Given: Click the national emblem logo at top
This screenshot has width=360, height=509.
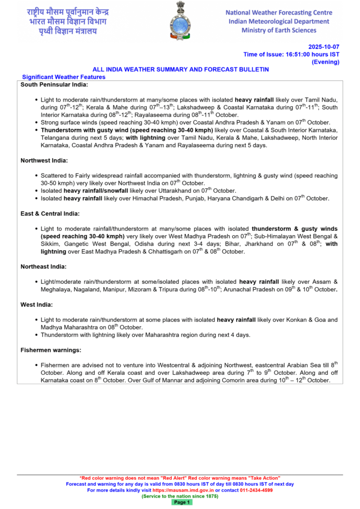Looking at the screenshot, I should click(x=180, y=21).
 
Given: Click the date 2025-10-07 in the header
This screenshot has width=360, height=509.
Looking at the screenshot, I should click(x=324, y=46).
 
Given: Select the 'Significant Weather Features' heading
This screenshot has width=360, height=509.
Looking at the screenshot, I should click(x=64, y=77).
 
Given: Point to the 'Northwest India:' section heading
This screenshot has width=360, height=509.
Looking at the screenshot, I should click(x=44, y=161).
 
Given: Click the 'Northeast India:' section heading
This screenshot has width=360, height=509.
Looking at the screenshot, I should click(x=44, y=266).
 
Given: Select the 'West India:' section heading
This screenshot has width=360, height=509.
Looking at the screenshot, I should click(x=37, y=304).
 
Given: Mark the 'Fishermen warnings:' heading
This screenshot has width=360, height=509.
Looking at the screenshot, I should click(x=51, y=350).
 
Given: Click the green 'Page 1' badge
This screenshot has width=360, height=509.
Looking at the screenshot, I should click(x=182, y=503).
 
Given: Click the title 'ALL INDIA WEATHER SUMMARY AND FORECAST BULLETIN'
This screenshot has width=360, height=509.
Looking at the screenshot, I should click(x=180, y=70).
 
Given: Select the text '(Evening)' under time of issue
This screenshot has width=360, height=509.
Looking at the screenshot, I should click(x=325, y=62).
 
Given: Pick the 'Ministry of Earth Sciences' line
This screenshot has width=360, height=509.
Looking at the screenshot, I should click(x=278, y=30).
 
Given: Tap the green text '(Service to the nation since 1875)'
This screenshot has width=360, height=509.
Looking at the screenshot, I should click(x=180, y=496).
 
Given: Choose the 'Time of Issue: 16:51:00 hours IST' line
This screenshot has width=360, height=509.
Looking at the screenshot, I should click(x=291, y=54).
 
